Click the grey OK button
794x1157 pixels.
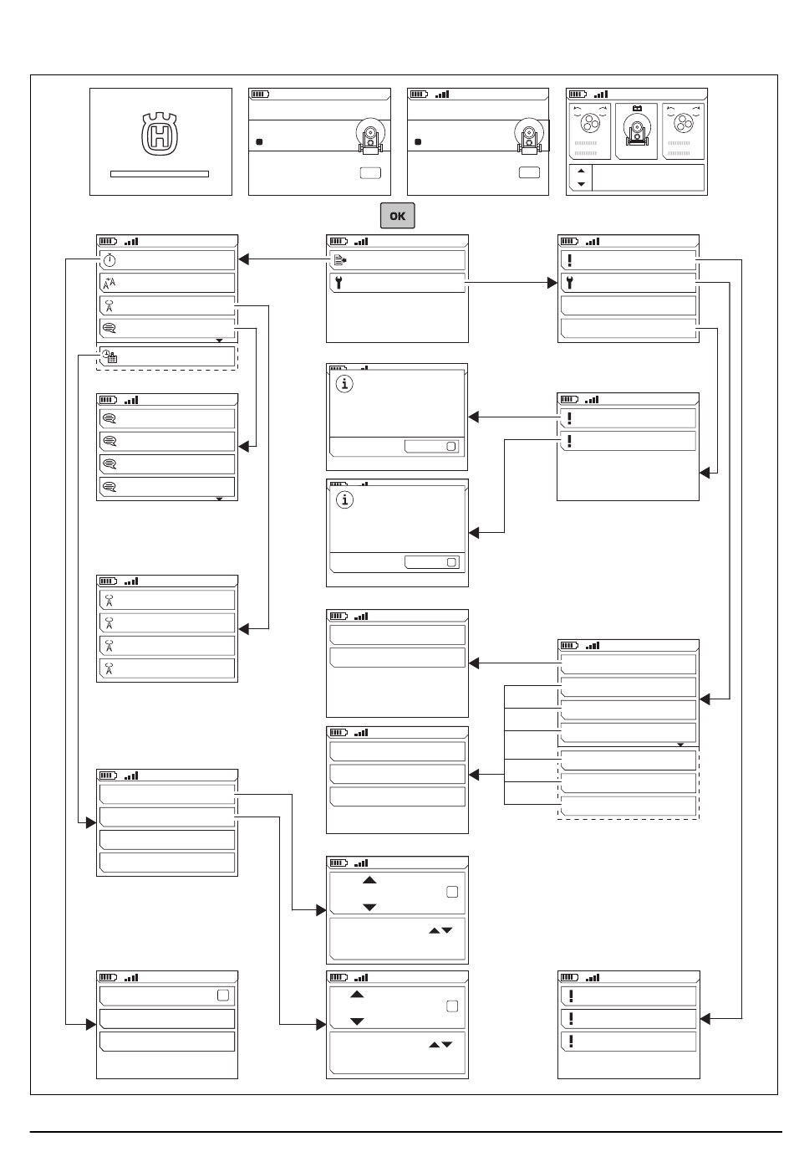coord(397,215)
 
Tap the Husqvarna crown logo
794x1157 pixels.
coord(160,134)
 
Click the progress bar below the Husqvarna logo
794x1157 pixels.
coord(160,174)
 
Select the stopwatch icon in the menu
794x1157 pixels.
coord(109,260)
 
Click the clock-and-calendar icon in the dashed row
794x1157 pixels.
coord(109,356)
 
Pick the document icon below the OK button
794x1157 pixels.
coord(340,260)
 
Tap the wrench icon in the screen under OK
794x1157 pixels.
coord(338,283)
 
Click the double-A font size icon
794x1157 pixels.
coord(109,283)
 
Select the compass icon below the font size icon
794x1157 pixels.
coord(109,306)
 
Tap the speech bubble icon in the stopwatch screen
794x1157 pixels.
coord(109,328)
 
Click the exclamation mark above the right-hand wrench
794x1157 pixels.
coord(569,260)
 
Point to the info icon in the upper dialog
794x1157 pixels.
coord(344,384)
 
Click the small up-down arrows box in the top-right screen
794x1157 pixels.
coord(581,177)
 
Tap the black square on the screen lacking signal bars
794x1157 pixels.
coord(259,142)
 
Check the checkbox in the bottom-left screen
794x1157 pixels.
coord(223,995)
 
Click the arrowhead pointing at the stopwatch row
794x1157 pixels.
coord(243,259)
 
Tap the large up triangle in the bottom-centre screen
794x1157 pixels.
coord(357,995)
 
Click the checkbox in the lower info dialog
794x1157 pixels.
coord(451,562)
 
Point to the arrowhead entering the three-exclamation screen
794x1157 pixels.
coord(705,1019)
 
